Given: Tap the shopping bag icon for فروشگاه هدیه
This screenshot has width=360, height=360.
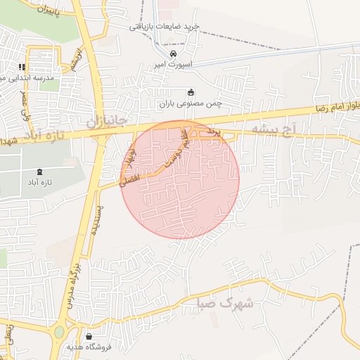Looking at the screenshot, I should click(x=89, y=336).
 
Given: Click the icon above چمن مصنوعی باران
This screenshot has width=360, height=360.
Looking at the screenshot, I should click(x=191, y=92).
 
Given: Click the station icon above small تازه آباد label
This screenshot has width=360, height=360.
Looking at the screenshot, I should click(x=39, y=171).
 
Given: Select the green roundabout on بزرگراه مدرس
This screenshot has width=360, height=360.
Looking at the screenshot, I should click(x=58, y=330).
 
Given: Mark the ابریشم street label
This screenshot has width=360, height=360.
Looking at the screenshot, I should click(x=76, y=60).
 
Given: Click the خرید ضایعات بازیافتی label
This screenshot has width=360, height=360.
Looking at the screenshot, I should click(x=165, y=26).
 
